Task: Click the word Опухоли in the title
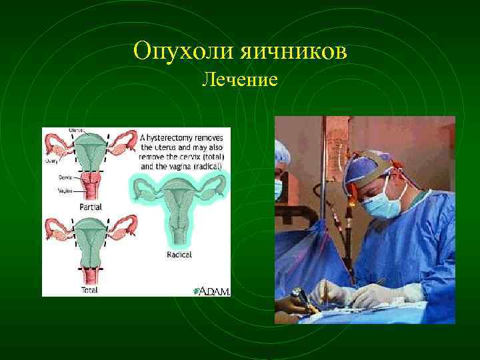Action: pos(175,51)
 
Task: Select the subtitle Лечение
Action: pos(239,81)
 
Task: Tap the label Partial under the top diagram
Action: pos(90,207)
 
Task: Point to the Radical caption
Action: pos(179,255)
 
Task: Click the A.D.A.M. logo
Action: pos(211,290)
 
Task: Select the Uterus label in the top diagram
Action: pos(76,129)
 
